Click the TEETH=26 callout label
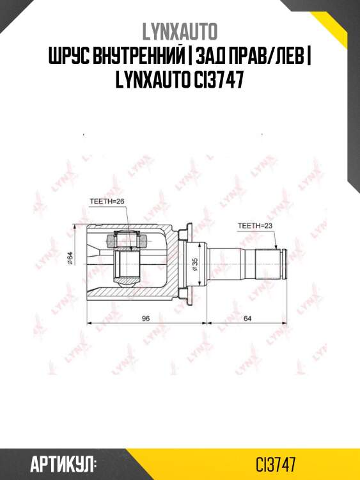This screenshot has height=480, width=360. coord(106,201)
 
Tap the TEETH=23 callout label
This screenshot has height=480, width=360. coord(254,226)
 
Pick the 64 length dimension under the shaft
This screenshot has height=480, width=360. coord(247,318)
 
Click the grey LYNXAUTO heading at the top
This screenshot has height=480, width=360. coord(180,30)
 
